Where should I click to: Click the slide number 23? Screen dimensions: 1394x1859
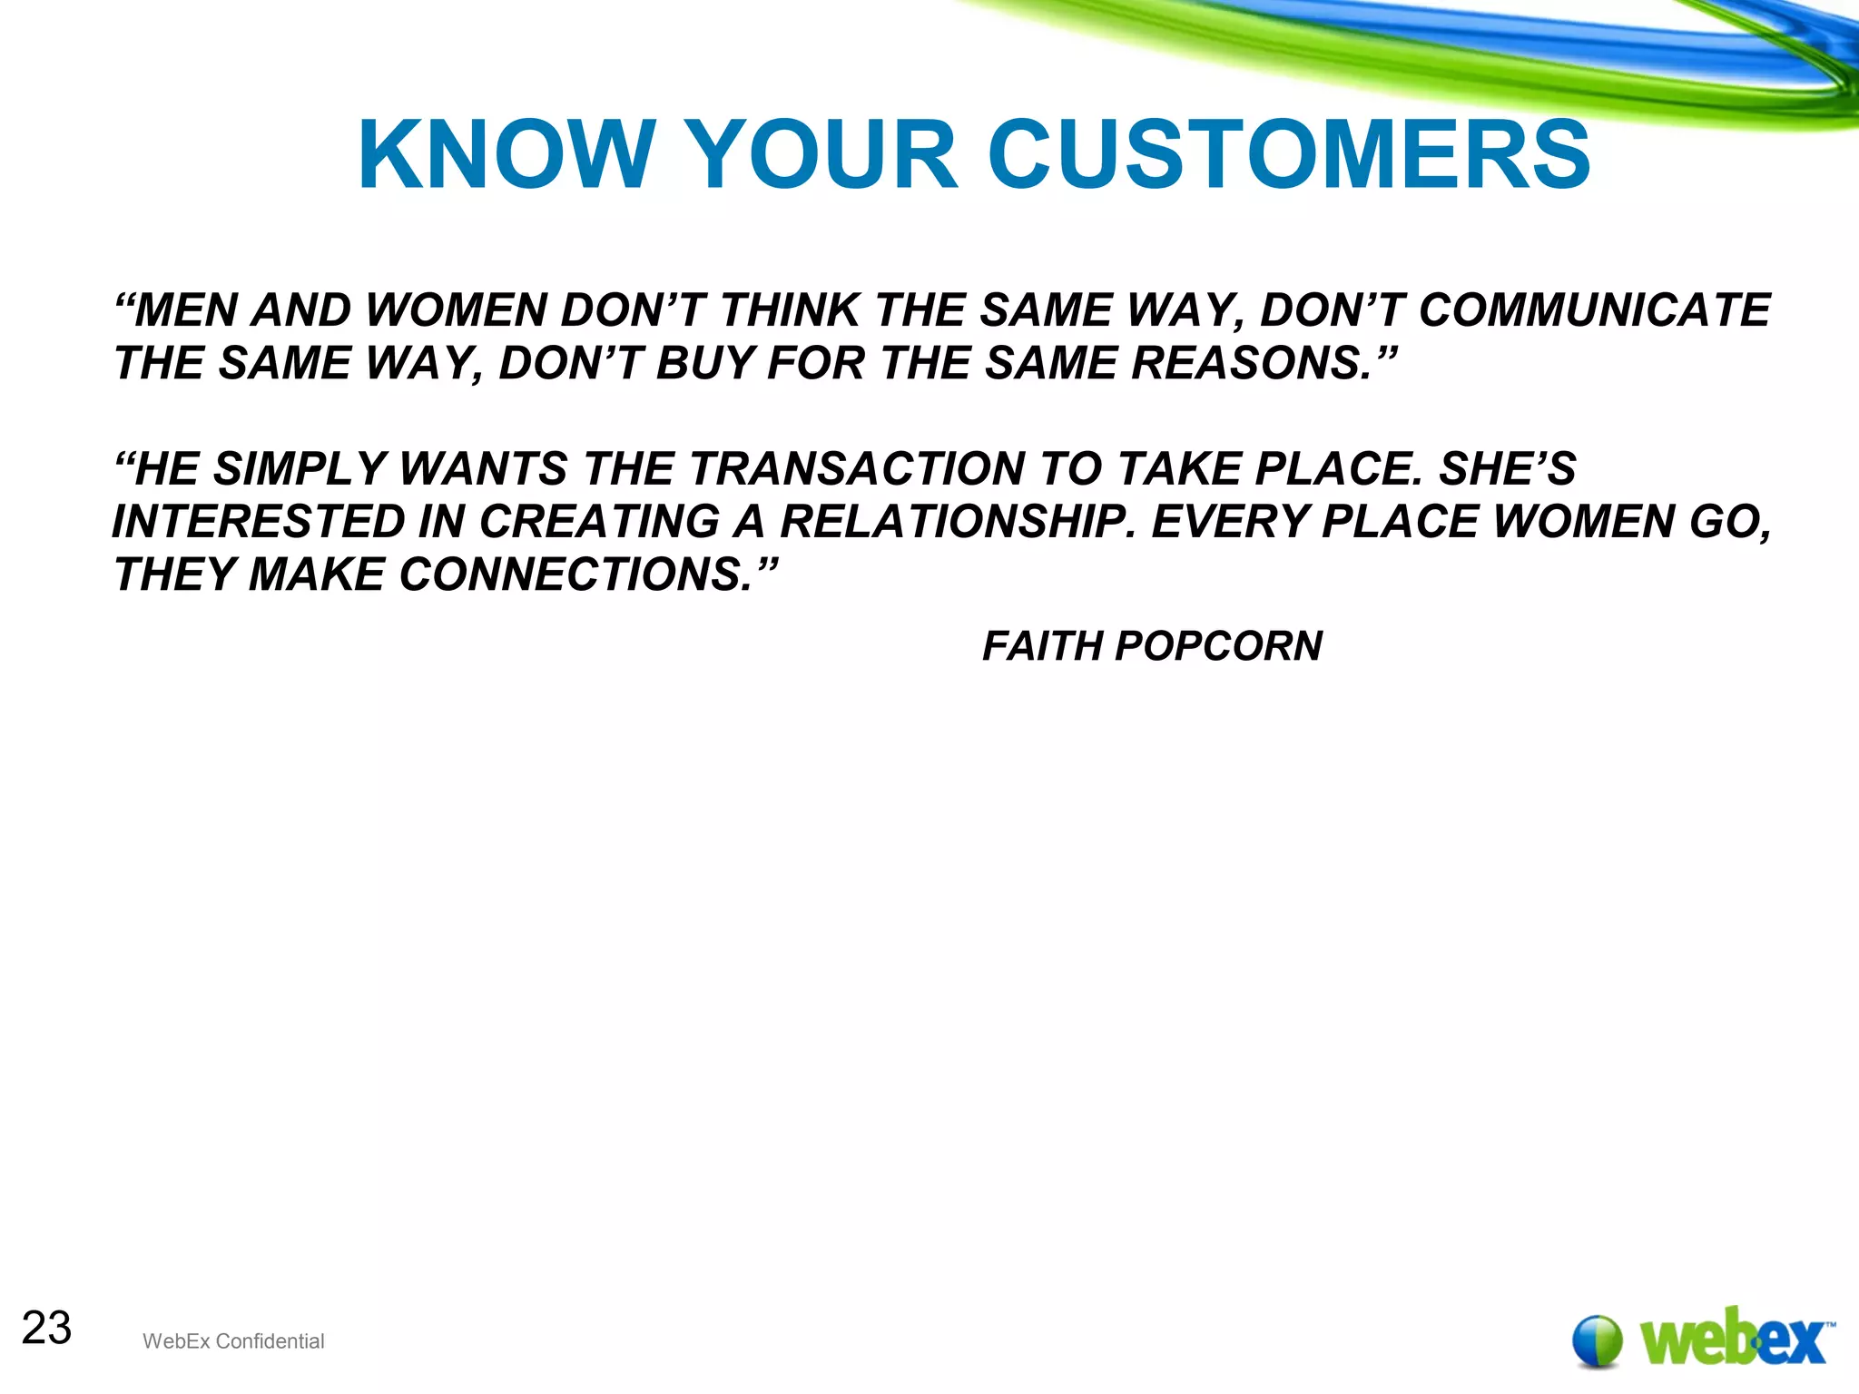click(x=46, y=1328)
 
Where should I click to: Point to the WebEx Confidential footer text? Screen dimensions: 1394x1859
click(x=233, y=1341)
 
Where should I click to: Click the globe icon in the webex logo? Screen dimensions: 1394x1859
click(x=1597, y=1340)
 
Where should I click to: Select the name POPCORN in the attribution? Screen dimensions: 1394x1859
click(x=1218, y=646)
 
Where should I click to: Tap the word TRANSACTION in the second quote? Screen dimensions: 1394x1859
click(x=858, y=469)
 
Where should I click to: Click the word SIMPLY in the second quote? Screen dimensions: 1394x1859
click(x=300, y=469)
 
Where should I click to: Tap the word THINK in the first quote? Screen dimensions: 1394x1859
click(x=789, y=310)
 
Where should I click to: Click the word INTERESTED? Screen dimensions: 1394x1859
click(x=258, y=522)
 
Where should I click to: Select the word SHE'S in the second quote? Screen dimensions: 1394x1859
click(x=1507, y=469)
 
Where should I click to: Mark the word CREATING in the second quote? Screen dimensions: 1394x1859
click(x=598, y=522)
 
